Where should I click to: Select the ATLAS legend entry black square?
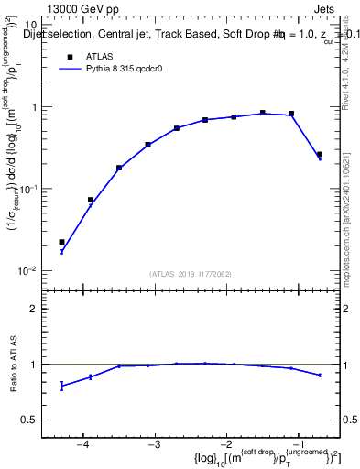click(68, 57)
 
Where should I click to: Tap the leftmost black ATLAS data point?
click(61, 242)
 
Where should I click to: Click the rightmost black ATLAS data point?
click(320, 155)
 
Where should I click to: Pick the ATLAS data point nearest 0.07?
click(91, 200)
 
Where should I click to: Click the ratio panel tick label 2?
click(33, 309)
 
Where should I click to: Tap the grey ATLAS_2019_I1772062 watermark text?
click(191, 273)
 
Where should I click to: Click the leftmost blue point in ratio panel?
click(61, 386)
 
